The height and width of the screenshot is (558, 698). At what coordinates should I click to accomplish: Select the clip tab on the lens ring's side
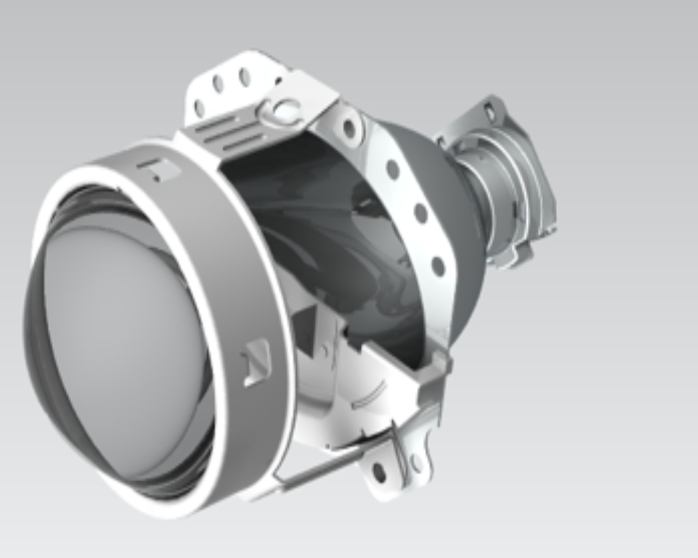(256, 361)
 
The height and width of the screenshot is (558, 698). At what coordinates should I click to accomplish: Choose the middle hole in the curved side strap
(421, 213)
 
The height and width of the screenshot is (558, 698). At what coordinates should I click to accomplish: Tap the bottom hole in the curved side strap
(438, 266)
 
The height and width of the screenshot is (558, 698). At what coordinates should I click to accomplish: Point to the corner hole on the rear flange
(489, 110)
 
